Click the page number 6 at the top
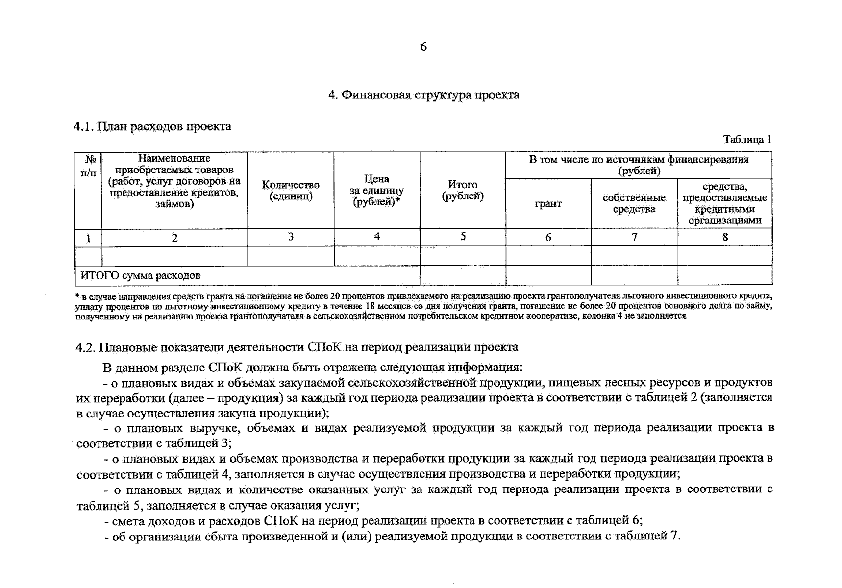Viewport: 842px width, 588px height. (423, 47)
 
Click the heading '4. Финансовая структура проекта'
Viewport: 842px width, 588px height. (423, 95)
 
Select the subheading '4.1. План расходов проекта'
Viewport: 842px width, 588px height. (152, 126)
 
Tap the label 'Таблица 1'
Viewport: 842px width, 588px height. (747, 140)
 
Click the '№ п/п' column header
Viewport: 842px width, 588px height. (88, 166)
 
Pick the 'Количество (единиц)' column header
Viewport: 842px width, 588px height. (291, 191)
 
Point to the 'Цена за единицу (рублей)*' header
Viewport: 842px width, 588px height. (376, 191)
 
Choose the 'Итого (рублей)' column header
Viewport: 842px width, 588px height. (463, 191)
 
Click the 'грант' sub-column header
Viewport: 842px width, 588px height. (548, 203)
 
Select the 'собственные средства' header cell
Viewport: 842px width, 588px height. (634, 203)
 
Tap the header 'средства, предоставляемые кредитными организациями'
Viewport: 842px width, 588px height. (724, 203)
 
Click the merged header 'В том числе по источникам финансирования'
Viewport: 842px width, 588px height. (639, 165)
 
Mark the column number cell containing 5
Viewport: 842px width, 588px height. (463, 237)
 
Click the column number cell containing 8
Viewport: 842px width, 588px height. (725, 237)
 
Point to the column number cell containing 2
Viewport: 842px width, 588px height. (174, 238)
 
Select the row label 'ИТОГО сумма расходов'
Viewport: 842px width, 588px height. (140, 275)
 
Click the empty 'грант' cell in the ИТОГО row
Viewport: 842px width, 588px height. (548, 275)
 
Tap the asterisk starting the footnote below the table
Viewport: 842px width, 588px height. (77, 296)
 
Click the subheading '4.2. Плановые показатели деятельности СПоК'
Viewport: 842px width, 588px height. (297, 347)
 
